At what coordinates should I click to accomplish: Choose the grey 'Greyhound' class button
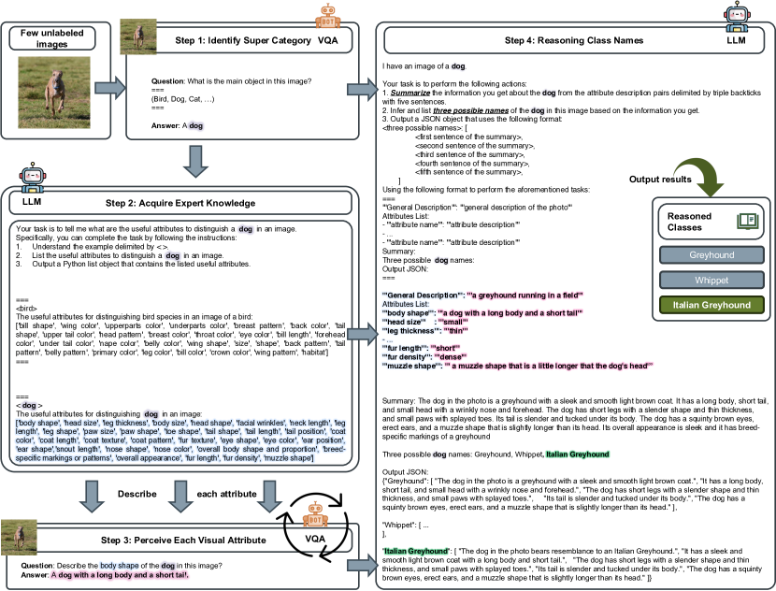(x=713, y=255)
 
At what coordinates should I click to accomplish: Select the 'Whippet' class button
(x=713, y=280)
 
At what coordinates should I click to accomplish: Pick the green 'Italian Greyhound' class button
(x=713, y=304)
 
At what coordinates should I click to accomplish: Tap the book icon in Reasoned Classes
(x=747, y=221)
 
